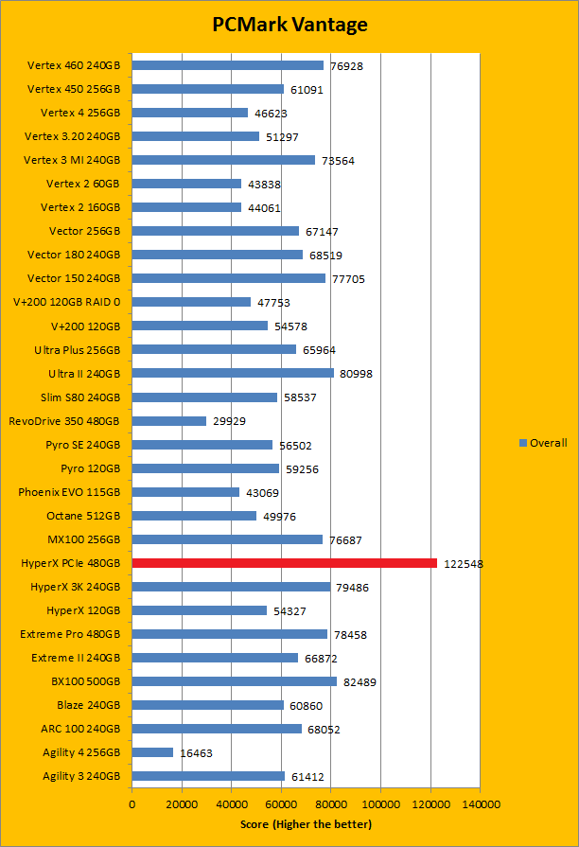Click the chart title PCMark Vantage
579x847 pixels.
coord(289,25)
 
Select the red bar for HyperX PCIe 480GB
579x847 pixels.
coord(284,563)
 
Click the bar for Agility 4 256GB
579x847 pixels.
coord(152,752)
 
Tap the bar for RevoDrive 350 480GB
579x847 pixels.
coord(169,421)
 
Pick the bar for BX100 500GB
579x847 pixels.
coord(234,681)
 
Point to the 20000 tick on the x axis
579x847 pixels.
coord(182,804)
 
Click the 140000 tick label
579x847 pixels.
coord(479,804)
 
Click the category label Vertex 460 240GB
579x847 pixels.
coord(74,65)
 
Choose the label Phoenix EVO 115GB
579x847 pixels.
coord(69,492)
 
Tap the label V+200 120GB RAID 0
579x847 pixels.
coord(67,302)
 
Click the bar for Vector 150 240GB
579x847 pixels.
coord(228,278)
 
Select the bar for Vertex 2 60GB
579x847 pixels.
coord(186,184)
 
